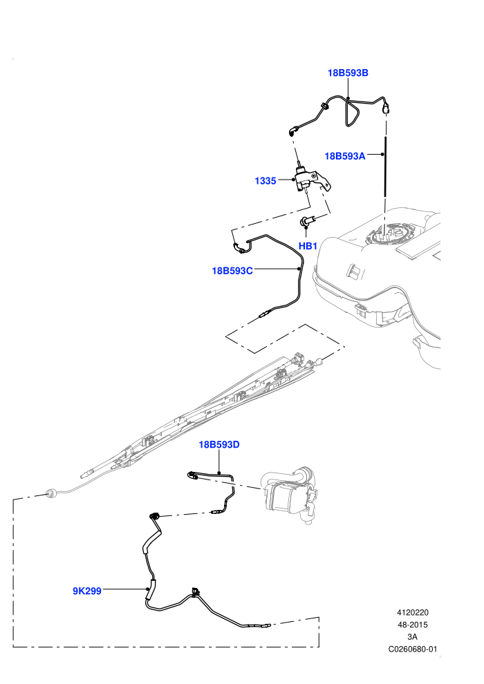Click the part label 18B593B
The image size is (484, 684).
click(348, 73)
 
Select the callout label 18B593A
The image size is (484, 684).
click(345, 155)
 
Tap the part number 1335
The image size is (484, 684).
click(266, 180)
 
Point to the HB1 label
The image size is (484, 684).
click(308, 246)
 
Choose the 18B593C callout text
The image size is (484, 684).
click(232, 271)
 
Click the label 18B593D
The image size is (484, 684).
click(219, 444)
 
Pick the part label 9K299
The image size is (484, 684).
click(87, 591)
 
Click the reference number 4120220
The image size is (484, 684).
click(412, 612)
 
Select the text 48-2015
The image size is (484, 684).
click(412, 625)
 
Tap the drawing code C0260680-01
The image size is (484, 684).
click(412, 649)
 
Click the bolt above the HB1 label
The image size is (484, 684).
click(306, 222)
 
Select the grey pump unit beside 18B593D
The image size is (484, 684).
click(290, 495)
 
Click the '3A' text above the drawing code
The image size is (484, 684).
click(412, 637)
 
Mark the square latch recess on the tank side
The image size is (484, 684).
click(354, 272)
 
